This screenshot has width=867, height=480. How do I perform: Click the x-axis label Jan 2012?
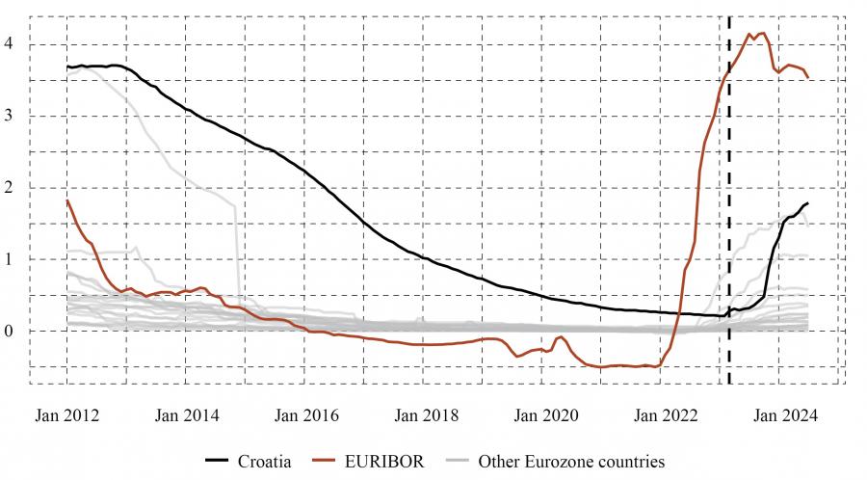[x=67, y=415]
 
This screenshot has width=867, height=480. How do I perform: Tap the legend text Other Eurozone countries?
[x=571, y=462]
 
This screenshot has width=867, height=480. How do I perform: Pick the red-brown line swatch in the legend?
[x=328, y=462]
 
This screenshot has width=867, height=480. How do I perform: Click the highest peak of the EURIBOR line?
[x=764, y=33]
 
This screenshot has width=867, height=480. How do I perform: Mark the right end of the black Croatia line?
[x=807, y=203]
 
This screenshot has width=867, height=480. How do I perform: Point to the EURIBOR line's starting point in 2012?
[x=67, y=200]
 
